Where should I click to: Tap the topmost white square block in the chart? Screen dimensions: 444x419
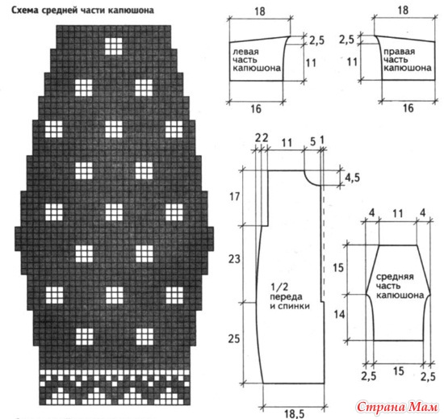pos(114,46)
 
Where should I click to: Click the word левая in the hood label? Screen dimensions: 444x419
pos(245,52)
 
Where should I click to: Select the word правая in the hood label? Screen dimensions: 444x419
pos(399,52)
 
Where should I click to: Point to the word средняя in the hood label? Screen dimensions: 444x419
pos(395,277)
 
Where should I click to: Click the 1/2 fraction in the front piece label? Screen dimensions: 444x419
pos(279,287)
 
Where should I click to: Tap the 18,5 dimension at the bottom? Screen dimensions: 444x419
pos(295,413)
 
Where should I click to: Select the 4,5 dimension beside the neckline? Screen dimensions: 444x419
pos(352,178)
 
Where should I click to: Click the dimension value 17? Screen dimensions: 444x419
pos(234,196)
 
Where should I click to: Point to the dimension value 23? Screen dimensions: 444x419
pos(234,259)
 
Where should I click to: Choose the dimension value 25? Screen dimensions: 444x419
pos(234,338)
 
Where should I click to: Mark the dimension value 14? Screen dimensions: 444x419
pos(339,315)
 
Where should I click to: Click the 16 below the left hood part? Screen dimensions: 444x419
pos(256,109)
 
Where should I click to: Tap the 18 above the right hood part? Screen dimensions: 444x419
pos(403,10)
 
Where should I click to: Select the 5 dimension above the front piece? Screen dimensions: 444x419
pos(312,141)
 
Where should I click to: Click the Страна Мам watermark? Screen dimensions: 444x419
pos(396,407)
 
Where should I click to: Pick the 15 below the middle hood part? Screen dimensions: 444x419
pos(399,371)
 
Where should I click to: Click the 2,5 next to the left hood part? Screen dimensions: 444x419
pos(316,40)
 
